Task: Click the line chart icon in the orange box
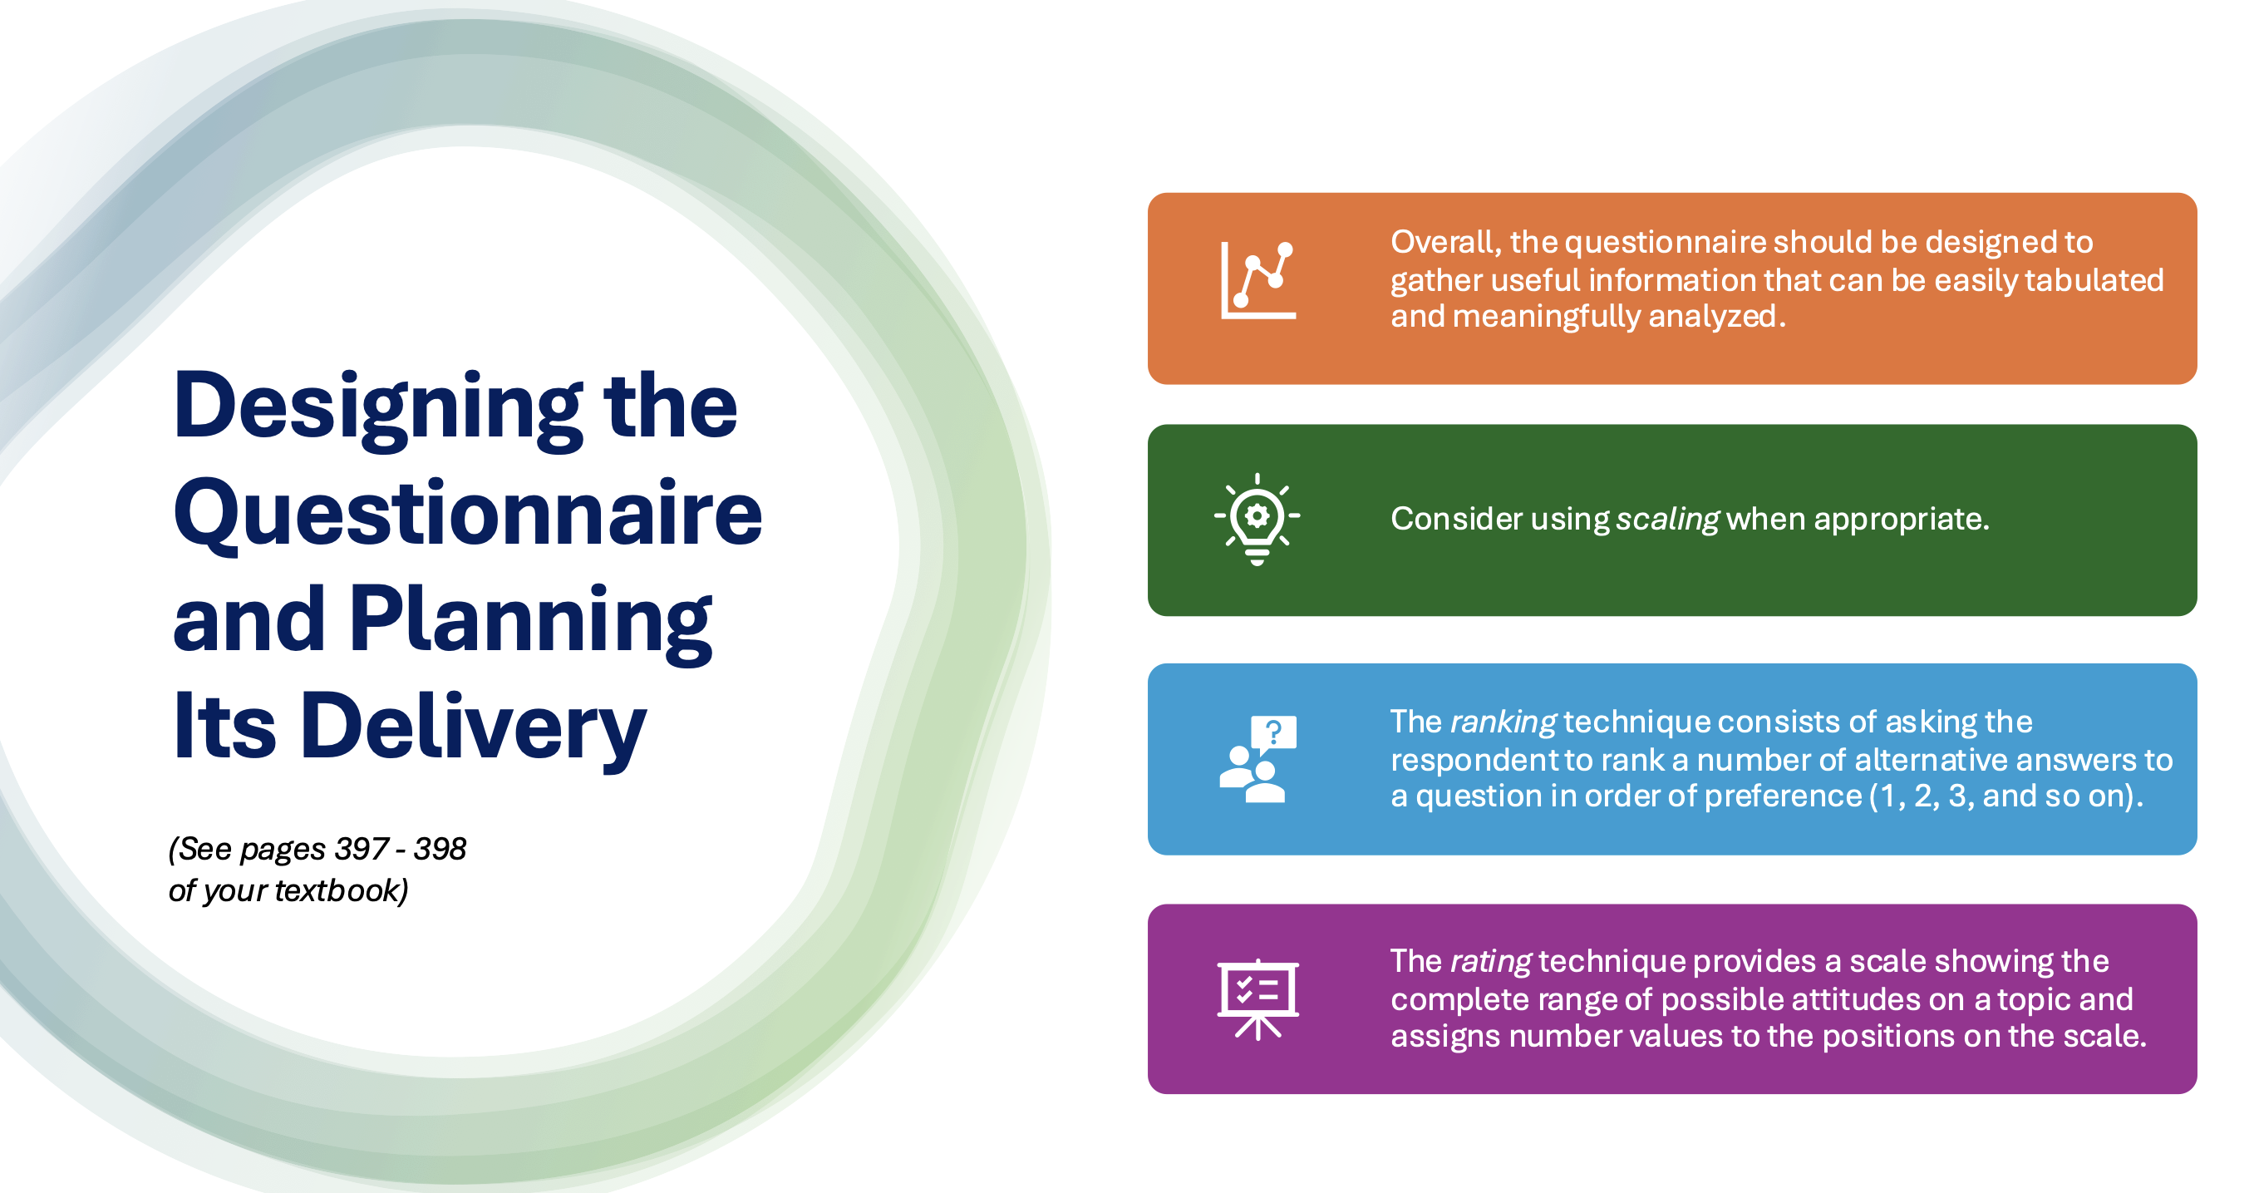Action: click(x=1257, y=280)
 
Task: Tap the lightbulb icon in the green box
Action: click(x=1257, y=519)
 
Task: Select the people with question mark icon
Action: click(x=1257, y=759)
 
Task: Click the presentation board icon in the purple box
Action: click(x=1257, y=998)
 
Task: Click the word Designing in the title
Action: click(x=378, y=408)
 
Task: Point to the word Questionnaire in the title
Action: click(x=468, y=514)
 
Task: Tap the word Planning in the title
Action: click(x=530, y=622)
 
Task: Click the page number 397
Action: click(x=362, y=848)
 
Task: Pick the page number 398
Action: click(x=440, y=848)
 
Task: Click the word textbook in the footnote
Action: click(x=342, y=890)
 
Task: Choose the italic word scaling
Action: click(x=1667, y=520)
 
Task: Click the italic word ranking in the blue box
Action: click(x=1503, y=723)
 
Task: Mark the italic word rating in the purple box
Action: click(x=1490, y=962)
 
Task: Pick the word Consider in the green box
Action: click(x=1455, y=519)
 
